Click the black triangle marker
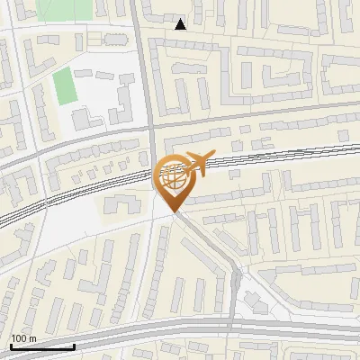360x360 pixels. pyautogui.click(x=181, y=24)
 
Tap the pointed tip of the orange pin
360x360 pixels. pyautogui.click(x=174, y=210)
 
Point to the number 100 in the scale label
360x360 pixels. pyautogui.click(x=19, y=338)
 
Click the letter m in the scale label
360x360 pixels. pyautogui.click(x=32, y=338)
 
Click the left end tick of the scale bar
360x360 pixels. pyautogui.click(x=10, y=345)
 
